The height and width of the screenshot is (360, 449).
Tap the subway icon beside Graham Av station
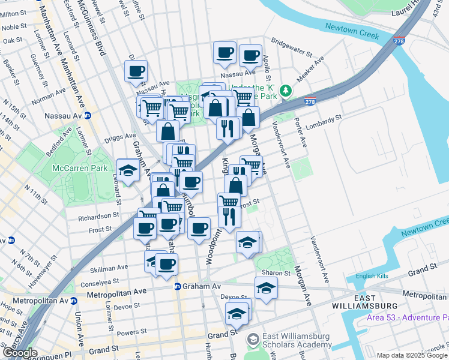(x=178, y=287)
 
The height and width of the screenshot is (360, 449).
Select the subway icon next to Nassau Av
(x=88, y=116)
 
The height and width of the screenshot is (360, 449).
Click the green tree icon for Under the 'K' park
(x=287, y=91)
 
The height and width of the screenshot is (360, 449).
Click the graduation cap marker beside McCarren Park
(x=127, y=171)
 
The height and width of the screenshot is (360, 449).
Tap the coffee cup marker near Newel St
(x=136, y=71)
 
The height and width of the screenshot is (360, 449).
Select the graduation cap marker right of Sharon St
(x=266, y=288)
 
